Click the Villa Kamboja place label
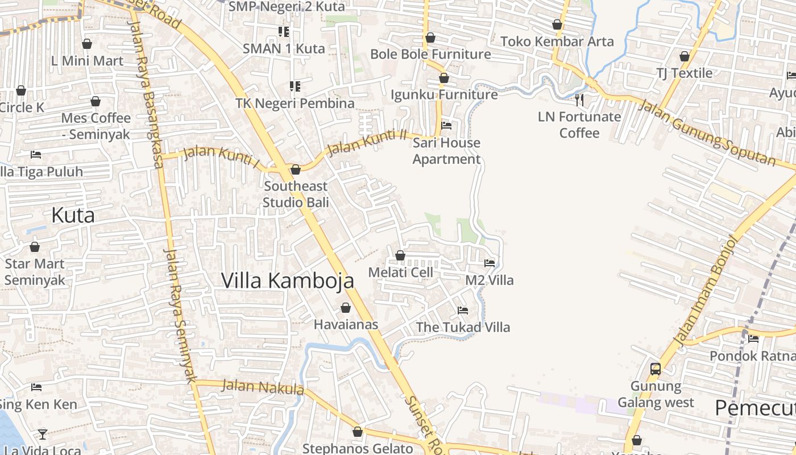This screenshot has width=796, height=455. coord(287,280)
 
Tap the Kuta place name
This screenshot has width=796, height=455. coord(73,216)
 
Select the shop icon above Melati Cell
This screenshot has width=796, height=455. coord(400,255)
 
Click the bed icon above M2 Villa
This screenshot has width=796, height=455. coord(490,263)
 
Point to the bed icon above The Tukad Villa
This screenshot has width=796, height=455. coord(463,310)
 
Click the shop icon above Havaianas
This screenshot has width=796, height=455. coord(345,308)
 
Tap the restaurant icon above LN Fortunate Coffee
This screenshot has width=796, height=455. coord(579,100)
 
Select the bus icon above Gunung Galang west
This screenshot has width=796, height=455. coord(656,369)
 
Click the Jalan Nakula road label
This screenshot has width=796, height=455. coord(263,387)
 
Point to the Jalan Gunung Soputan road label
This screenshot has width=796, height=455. coord(707,133)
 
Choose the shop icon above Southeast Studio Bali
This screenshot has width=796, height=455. coord(295,169)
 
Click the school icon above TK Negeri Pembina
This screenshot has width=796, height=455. coord(295,86)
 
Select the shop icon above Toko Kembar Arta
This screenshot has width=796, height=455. coord(557,24)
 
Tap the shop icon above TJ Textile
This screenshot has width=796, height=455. coord(685,56)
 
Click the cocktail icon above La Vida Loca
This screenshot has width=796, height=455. coord(43,434)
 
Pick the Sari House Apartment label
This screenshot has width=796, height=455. coord(446,151)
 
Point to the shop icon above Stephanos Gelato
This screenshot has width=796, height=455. coord(358,432)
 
